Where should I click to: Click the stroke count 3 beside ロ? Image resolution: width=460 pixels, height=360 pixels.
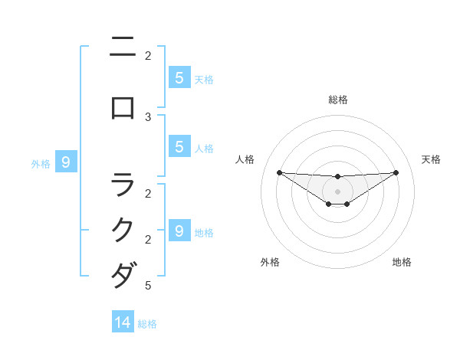pos(148,116)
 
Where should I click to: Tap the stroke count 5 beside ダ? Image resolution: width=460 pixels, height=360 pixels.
pos(148,286)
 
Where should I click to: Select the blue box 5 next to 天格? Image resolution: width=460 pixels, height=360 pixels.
pos(179,77)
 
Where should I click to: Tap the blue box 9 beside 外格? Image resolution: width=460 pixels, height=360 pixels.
pos(66,162)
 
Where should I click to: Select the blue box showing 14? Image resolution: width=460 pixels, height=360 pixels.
pos(123,322)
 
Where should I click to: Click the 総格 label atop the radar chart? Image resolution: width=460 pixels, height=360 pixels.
pos(337,100)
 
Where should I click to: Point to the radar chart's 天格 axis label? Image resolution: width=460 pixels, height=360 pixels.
pos(431,159)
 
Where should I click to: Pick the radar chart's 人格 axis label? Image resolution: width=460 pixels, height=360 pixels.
pos(245,159)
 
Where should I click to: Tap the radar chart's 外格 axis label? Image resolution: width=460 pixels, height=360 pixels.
pos(270,262)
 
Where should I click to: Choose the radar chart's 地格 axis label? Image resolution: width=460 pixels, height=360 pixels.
pos(402,262)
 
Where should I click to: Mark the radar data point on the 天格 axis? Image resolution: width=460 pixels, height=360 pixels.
pos(396,172)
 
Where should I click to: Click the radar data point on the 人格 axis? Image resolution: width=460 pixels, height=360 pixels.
pos(279,172)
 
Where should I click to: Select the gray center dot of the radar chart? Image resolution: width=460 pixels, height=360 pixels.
pos(337,191)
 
